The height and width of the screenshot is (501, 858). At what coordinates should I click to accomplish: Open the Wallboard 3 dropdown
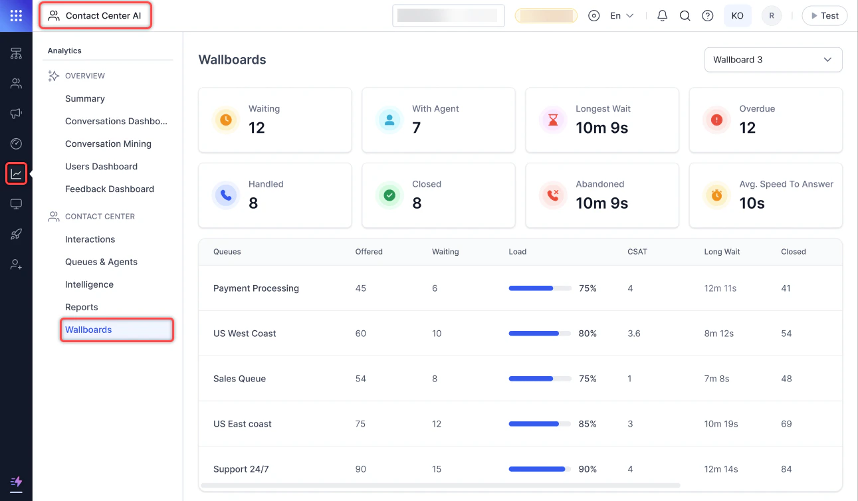pos(773,60)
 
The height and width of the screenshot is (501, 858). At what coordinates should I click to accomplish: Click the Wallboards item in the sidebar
pos(88,330)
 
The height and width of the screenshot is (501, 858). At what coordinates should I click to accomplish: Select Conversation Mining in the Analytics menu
pos(108,144)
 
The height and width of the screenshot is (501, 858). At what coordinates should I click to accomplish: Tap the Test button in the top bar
pos(824,16)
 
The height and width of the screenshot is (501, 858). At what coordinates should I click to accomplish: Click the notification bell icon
pos(662,16)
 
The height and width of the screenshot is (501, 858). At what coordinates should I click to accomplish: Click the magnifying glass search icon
pos(685,16)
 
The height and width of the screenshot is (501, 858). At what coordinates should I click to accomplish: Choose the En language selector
pos(621,16)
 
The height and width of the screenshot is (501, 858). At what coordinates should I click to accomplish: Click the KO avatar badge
pos(737,16)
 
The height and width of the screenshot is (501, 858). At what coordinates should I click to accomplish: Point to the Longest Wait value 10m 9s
pos(601,128)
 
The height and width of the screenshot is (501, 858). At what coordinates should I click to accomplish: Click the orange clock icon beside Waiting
pos(226,120)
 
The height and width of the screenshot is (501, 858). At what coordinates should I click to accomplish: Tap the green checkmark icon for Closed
pos(389,195)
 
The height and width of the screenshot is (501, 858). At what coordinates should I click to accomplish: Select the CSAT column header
pos(637,252)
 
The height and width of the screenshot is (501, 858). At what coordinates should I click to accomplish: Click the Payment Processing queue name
pos(256,288)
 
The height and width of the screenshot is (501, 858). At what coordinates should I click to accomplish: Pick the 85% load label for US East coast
pos(588,424)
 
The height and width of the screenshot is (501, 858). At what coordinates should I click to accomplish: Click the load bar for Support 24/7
pos(540,469)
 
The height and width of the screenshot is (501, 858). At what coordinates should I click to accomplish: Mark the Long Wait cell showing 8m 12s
pos(718,334)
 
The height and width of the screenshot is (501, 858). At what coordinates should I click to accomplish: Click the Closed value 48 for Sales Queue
pos(786,379)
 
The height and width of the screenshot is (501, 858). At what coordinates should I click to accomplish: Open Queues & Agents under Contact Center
pos(101,262)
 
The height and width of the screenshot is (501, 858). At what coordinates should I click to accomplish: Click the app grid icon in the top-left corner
pos(16,16)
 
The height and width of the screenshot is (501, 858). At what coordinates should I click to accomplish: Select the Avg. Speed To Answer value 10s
pos(752,203)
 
